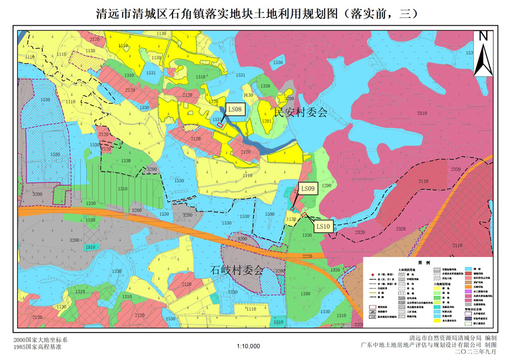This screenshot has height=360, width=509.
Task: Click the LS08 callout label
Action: (x=234, y=109)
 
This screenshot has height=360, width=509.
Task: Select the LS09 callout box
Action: (x=308, y=189)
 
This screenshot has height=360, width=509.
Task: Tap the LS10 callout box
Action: (x=323, y=226)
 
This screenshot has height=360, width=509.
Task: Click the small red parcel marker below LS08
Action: (x=220, y=125)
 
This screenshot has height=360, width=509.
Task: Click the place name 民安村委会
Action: (x=300, y=112)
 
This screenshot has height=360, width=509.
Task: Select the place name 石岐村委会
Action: (x=237, y=271)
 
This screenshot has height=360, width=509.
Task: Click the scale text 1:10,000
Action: (x=249, y=346)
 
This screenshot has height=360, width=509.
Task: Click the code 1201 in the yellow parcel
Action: (x=266, y=121)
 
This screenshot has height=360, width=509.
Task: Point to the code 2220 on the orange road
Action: (x=307, y=256)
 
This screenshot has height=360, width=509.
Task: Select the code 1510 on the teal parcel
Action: (x=90, y=247)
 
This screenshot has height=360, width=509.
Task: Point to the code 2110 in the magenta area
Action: (x=423, y=181)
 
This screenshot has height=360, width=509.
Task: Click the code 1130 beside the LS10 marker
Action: (x=291, y=220)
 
